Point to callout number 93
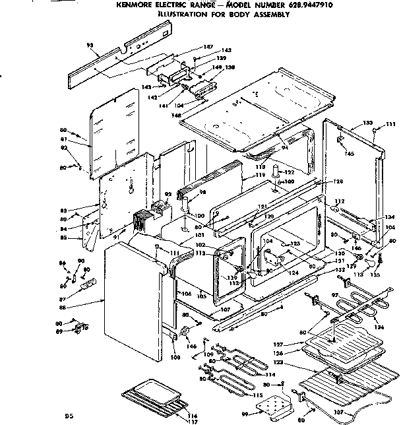click(90, 45)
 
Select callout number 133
click(367, 123)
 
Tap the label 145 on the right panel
click(349, 154)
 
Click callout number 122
click(288, 173)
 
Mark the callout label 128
click(338, 181)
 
